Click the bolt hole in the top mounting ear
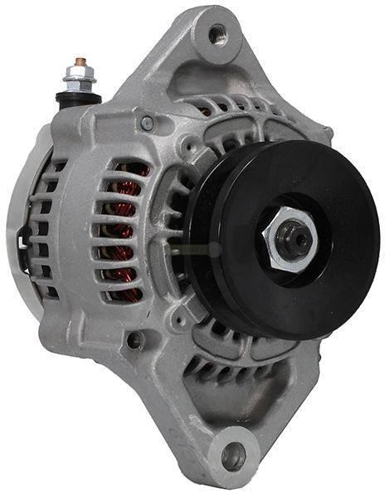(x=217, y=34)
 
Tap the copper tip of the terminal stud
(x=80, y=62)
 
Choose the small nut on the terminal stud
(x=80, y=76)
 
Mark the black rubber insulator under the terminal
(x=79, y=98)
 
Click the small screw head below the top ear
(x=147, y=124)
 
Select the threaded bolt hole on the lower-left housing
(x=134, y=339)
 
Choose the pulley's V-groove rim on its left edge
(x=192, y=241)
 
